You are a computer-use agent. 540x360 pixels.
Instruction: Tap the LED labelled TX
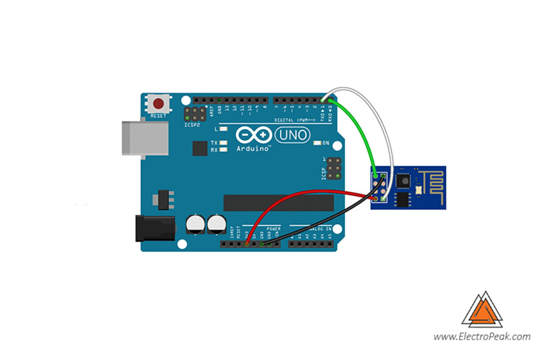223,143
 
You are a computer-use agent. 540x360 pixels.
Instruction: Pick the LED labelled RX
223,150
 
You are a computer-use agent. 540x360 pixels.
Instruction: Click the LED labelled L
223,128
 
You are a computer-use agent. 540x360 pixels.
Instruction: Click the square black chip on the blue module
404,180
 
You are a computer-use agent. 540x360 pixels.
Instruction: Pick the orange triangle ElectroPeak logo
482,310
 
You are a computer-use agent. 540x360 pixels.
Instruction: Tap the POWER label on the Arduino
273,229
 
